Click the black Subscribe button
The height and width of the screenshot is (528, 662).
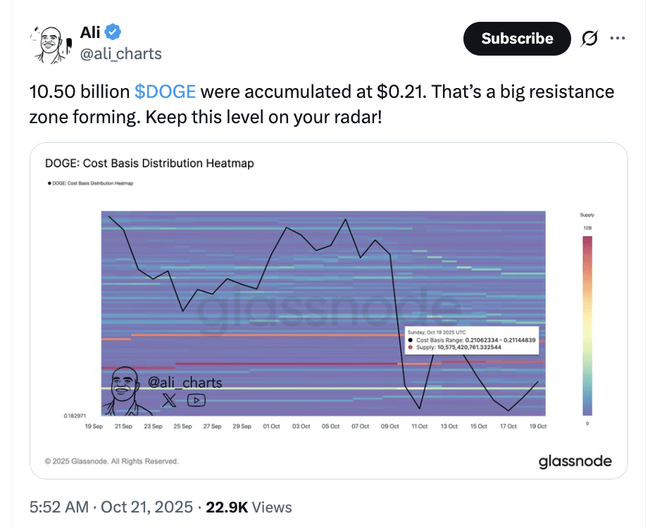[517, 39]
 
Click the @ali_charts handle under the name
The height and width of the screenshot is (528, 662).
[120, 54]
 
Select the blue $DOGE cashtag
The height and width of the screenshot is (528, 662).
[165, 92]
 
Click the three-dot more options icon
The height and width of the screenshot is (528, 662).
[618, 39]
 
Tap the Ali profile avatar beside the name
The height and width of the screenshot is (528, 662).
[51, 44]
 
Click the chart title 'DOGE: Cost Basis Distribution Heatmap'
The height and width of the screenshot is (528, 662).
[149, 163]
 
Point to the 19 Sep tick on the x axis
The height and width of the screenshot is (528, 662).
[94, 427]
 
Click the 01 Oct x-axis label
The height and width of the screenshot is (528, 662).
[271, 427]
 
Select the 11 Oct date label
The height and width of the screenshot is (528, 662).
[420, 427]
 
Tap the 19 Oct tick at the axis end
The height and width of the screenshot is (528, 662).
[538, 427]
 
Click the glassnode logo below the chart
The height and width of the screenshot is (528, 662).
[575, 462]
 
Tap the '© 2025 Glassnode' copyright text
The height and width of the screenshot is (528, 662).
[111, 462]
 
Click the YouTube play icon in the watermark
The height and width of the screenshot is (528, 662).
[196, 400]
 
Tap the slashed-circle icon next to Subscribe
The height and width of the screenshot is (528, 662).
[588, 39]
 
